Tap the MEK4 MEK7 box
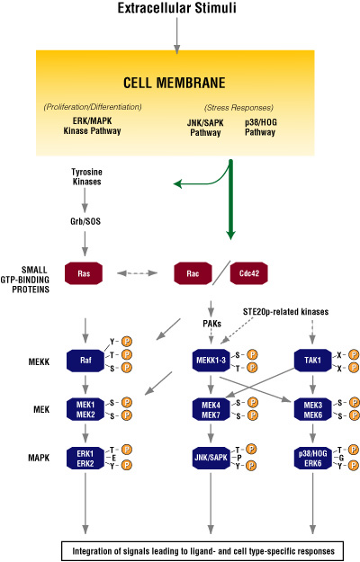tap(210, 409)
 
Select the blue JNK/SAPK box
tap(210, 456)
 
